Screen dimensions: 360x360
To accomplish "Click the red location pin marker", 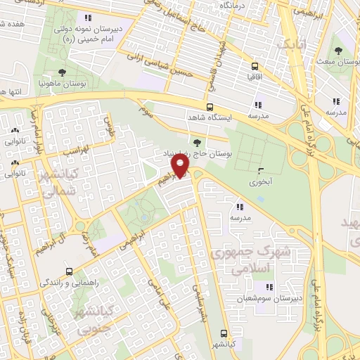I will click(x=181, y=166).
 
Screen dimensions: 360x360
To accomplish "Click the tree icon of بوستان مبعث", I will click(x=339, y=50).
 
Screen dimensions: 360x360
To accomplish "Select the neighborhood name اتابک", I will click(x=292, y=45).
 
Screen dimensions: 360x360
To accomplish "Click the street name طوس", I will click(x=109, y=127).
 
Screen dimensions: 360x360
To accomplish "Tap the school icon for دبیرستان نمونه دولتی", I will click(x=87, y=18).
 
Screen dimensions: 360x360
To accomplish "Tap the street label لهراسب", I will click(x=74, y=150).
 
